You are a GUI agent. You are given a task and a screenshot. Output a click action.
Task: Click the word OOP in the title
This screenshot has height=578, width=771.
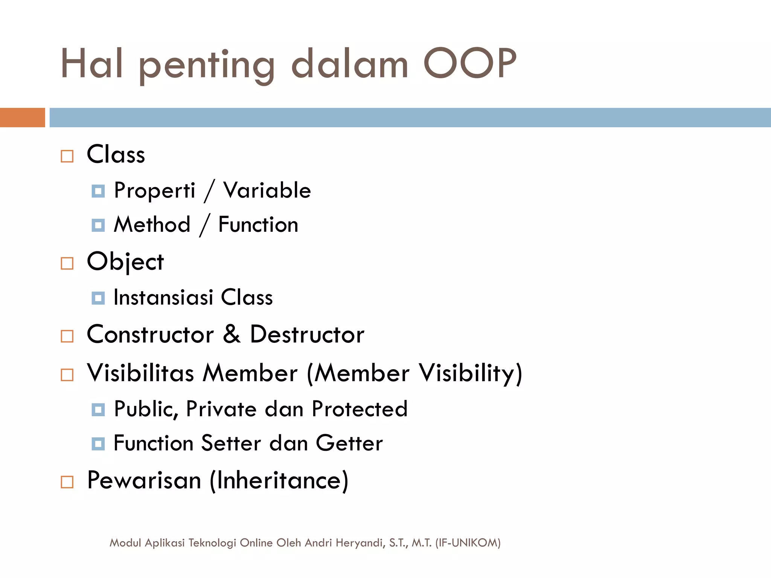pyautogui.click(x=470, y=64)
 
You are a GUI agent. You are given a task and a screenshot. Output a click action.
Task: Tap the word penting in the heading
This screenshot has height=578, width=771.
pyautogui.click(x=207, y=66)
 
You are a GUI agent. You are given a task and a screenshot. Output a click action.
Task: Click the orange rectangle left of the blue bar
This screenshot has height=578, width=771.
pyautogui.click(x=22, y=117)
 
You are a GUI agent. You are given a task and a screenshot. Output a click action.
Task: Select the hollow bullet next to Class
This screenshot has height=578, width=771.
pyautogui.click(x=67, y=156)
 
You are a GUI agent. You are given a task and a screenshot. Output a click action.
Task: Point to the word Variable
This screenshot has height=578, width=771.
pyautogui.click(x=267, y=190)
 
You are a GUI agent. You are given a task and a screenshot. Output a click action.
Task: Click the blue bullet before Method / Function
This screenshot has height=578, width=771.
pyautogui.click(x=98, y=225)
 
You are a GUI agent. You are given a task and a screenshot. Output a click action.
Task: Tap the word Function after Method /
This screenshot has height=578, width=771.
pyautogui.click(x=258, y=225)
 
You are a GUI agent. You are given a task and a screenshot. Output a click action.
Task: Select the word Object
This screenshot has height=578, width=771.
pyautogui.click(x=125, y=262)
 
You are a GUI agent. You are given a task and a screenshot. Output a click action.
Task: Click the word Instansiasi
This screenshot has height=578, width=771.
pyautogui.click(x=163, y=297)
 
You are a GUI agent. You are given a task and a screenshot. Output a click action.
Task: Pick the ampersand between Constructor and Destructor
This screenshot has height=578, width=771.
pyautogui.click(x=232, y=334)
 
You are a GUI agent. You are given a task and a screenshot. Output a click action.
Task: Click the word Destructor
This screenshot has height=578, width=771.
pyautogui.click(x=307, y=334)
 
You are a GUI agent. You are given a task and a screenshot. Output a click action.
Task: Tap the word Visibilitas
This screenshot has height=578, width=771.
pyautogui.click(x=140, y=373)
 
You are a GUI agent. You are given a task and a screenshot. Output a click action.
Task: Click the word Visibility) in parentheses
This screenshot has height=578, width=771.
pyautogui.click(x=471, y=373)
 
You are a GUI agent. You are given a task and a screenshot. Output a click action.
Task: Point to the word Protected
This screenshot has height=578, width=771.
pyautogui.click(x=360, y=409)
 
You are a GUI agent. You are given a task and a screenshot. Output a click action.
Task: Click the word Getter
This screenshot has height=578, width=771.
pyautogui.click(x=349, y=443)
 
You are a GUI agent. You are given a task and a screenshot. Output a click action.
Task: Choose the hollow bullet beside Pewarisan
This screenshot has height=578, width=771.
pyautogui.click(x=67, y=482)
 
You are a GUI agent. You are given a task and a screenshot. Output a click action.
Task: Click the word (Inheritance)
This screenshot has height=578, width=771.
pyautogui.click(x=279, y=481)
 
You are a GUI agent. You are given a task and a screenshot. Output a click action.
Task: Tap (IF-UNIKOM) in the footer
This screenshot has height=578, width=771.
pyautogui.click(x=468, y=543)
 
